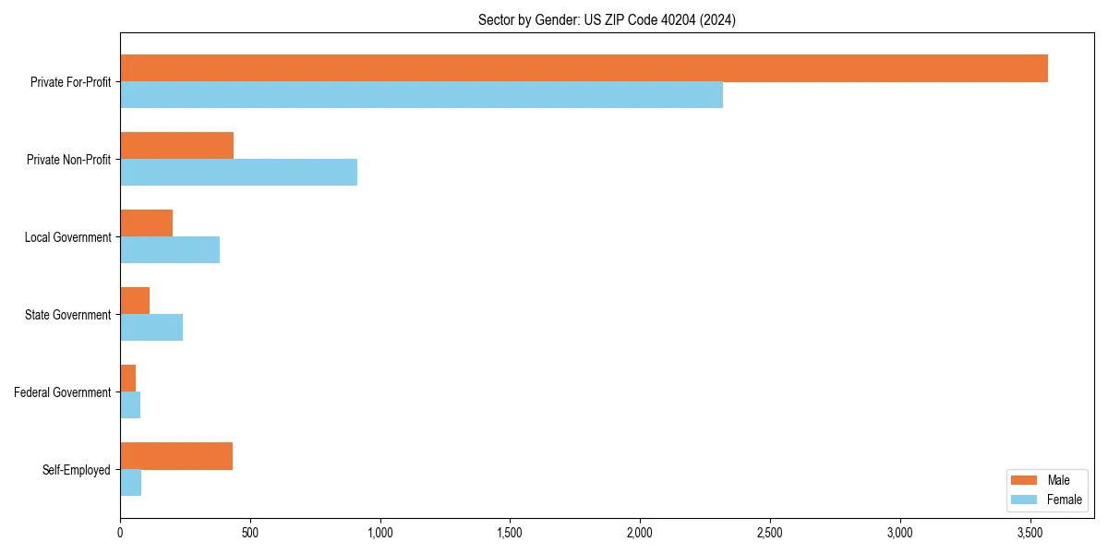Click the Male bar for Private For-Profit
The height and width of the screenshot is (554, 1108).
tap(584, 68)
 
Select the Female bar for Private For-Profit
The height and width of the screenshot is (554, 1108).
tap(421, 95)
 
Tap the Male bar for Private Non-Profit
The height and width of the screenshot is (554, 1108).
tap(176, 146)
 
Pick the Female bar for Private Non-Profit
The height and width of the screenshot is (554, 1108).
tap(238, 173)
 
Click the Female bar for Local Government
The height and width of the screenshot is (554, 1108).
tap(170, 250)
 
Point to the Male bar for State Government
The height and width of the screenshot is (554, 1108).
tap(135, 301)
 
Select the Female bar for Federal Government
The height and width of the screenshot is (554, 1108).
tap(130, 405)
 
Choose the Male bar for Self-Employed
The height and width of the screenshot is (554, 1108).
tap(176, 456)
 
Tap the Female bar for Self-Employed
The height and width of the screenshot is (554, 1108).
tap(130, 483)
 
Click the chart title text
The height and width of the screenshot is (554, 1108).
tap(607, 19)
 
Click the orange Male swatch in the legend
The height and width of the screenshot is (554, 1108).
tap(1025, 480)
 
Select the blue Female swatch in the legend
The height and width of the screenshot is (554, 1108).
tap(1025, 500)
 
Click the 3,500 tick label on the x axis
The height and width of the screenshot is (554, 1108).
tap(1030, 533)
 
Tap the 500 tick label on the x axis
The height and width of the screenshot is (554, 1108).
tap(250, 533)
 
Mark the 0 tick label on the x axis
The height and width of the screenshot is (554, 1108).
tap(120, 533)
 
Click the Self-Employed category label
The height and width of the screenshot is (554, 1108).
tap(77, 470)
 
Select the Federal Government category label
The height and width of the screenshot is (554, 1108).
tap(63, 392)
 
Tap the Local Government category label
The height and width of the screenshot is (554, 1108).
tap(68, 237)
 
